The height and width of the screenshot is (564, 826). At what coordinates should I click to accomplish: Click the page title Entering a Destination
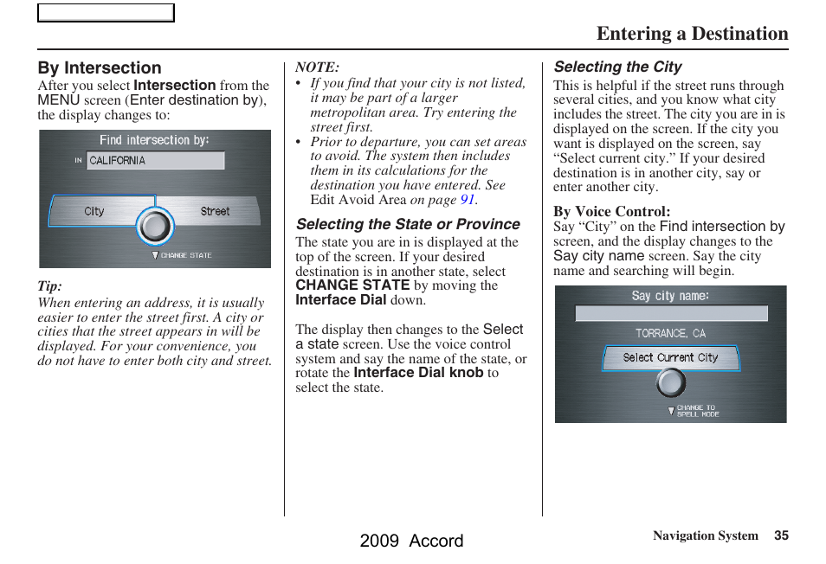(x=692, y=34)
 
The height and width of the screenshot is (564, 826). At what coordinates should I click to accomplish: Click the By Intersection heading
(x=100, y=67)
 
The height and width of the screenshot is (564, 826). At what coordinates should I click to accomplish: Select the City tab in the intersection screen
(x=94, y=211)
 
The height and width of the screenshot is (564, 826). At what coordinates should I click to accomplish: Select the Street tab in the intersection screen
(x=215, y=211)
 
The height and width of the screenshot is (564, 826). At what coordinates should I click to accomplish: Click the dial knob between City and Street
(x=155, y=227)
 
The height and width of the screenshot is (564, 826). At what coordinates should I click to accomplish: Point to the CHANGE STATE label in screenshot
(x=184, y=256)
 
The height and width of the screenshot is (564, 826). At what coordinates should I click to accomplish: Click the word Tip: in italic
(x=49, y=286)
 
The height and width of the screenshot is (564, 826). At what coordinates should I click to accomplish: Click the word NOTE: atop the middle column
(x=317, y=67)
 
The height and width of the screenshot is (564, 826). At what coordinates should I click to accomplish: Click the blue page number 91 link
(x=468, y=199)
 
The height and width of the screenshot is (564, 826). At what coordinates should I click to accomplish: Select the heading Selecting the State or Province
(x=408, y=224)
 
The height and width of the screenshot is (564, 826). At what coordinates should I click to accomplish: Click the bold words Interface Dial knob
(x=418, y=373)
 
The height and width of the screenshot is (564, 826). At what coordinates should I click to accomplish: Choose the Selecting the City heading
(x=617, y=67)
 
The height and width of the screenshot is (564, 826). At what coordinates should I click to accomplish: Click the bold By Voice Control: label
(x=611, y=211)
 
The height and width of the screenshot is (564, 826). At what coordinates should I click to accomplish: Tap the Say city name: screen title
(x=670, y=296)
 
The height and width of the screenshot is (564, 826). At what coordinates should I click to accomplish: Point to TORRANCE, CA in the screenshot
(x=670, y=333)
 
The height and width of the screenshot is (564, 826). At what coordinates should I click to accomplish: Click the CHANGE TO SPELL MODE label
(x=697, y=410)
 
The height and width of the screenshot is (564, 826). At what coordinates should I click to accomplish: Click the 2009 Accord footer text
(x=411, y=541)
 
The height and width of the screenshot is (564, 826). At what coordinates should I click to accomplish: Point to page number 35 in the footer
(x=781, y=535)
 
